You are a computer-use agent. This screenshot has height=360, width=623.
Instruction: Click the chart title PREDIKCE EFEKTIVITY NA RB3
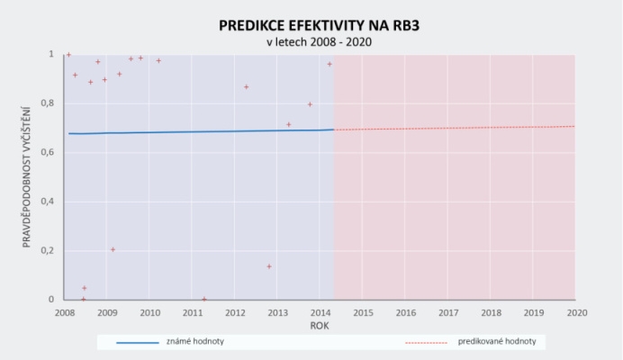click(319, 25)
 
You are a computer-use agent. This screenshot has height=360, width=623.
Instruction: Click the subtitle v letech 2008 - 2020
click(319, 42)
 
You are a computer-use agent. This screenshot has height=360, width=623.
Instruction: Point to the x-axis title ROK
click(320, 326)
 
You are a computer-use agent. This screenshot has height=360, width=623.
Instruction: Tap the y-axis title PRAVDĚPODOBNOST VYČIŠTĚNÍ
click(26, 177)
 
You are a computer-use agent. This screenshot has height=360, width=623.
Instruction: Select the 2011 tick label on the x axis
click(193, 313)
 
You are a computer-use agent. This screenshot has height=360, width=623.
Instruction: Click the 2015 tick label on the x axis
click(363, 313)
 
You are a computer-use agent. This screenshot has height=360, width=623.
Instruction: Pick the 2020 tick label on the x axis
click(577, 313)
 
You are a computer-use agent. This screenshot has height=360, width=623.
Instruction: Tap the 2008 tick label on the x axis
click(65, 313)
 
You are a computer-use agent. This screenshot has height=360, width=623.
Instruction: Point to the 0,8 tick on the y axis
click(48, 103)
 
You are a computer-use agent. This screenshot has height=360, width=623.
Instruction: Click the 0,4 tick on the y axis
click(48, 202)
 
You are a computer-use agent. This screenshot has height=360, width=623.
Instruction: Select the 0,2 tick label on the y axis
click(48, 251)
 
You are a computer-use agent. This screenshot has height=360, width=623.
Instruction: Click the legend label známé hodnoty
click(195, 341)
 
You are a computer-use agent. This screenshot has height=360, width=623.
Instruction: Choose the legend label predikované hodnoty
click(497, 341)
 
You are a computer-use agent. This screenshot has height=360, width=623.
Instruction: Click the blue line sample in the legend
click(138, 343)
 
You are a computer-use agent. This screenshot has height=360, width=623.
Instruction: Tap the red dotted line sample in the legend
click(427, 343)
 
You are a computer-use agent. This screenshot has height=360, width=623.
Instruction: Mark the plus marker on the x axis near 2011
click(204, 299)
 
